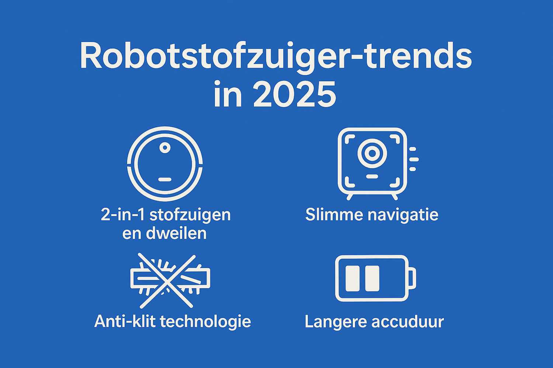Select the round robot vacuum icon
[165, 164]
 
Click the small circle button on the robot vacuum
[165, 148]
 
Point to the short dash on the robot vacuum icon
[165, 180]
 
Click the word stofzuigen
[190, 215]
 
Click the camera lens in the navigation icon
[372, 153]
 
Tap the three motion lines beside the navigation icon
[413, 159]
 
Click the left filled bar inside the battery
[352, 278]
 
